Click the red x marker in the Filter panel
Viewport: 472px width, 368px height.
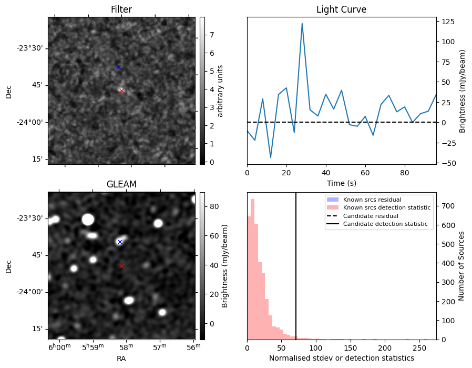coord(121,91)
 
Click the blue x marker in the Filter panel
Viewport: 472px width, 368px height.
coord(118,67)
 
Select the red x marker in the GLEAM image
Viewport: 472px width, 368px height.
coord(121,266)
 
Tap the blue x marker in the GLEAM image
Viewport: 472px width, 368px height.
coord(120,242)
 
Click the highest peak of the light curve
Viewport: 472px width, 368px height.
coord(302,23)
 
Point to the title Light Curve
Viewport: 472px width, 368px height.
coord(341,9)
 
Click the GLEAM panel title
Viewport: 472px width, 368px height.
coord(121,184)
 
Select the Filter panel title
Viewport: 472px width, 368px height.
coord(121,9)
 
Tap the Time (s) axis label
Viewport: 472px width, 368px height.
coord(341,183)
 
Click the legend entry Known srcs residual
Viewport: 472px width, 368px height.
coord(372,200)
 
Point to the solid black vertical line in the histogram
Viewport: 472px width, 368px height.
coord(296,263)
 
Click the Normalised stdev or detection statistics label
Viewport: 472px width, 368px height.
coord(341,358)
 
